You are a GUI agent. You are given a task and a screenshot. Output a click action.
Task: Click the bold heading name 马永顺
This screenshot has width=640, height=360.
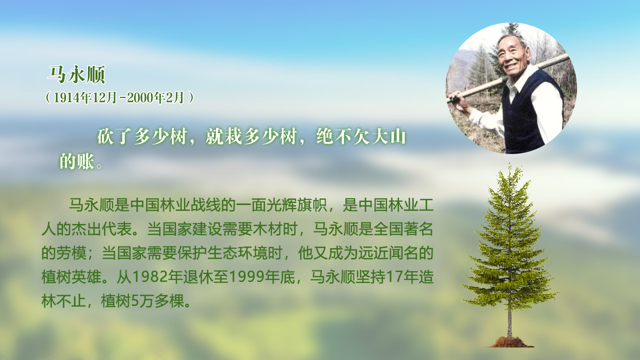tap(76, 74)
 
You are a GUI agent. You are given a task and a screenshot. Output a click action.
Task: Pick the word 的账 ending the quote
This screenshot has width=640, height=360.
tap(77, 161)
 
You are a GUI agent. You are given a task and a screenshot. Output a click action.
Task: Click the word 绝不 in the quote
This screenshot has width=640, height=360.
tap(333, 136)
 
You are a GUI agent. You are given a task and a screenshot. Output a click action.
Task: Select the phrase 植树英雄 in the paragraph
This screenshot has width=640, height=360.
tap(71, 277)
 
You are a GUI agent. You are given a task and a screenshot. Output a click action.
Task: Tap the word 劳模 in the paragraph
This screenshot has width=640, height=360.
tap(71, 253)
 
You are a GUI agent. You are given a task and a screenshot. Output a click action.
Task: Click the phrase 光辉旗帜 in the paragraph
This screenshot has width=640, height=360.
tap(296, 205)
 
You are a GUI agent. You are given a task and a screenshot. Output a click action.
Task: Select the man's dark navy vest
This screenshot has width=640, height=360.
tap(528, 114)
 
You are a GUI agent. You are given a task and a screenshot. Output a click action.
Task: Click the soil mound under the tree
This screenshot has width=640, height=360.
tap(510, 342)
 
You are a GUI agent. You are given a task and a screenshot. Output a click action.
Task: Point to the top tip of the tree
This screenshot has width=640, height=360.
tap(509, 163)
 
